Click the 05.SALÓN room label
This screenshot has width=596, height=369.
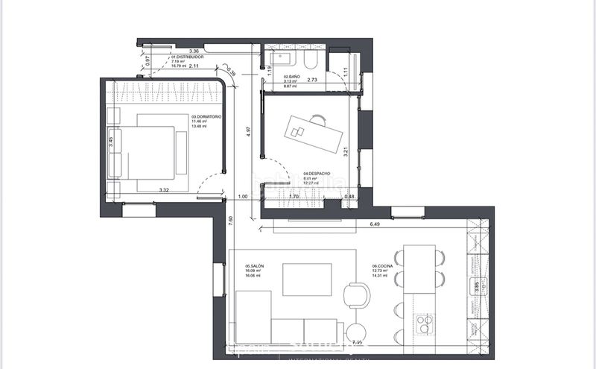coord(256,266)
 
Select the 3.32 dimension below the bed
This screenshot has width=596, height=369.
coord(164,191)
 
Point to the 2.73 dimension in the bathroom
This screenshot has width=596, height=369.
coord(313,78)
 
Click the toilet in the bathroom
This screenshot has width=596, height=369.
coord(313,59)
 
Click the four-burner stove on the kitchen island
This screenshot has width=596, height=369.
coord(425,322)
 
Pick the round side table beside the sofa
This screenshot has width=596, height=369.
coord(355,332)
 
